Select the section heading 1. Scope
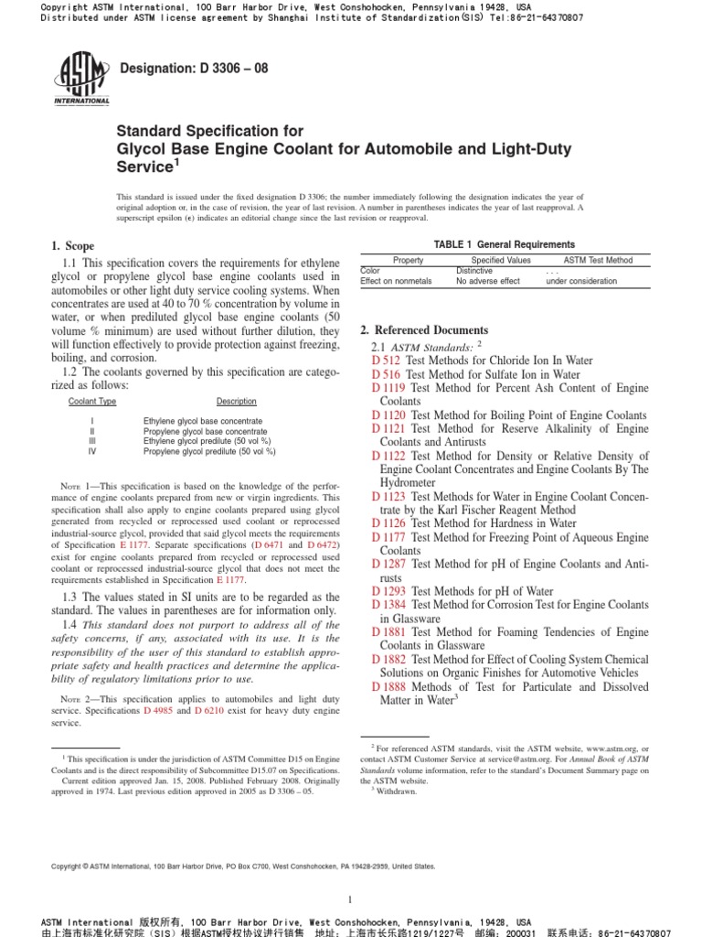pos(73,246)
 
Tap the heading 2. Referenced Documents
pos(424,330)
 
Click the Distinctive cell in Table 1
pos(474,271)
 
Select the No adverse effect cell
pos(487,281)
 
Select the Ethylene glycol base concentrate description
pos(203,421)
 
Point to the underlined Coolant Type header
pos(92,402)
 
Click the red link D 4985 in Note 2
pos(158,711)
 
